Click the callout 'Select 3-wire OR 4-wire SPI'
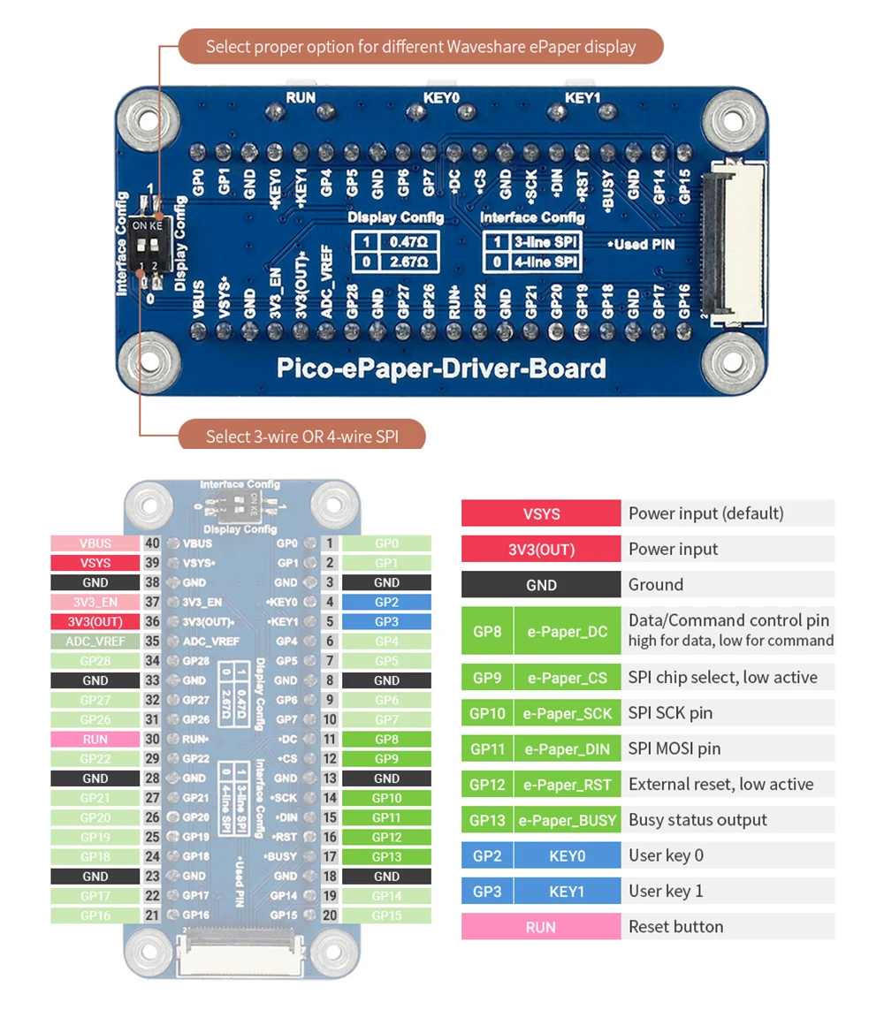click(x=301, y=437)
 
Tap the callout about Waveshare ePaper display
click(x=421, y=46)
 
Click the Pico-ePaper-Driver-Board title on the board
click(x=441, y=368)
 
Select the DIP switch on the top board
click(x=147, y=245)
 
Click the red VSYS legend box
click(x=541, y=513)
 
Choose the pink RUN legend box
click(x=541, y=927)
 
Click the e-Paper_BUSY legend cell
click(x=568, y=820)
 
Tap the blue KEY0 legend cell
click(x=568, y=855)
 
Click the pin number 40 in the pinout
click(x=152, y=543)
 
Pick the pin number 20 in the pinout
click(x=330, y=915)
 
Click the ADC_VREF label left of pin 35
click(x=95, y=642)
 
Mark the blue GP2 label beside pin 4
click(x=386, y=602)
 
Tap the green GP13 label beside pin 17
click(x=386, y=856)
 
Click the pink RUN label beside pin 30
click(x=95, y=739)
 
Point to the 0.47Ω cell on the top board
click(x=408, y=241)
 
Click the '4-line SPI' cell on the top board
click(x=545, y=262)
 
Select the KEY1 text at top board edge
click(x=583, y=98)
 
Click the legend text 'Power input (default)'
click(x=705, y=513)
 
